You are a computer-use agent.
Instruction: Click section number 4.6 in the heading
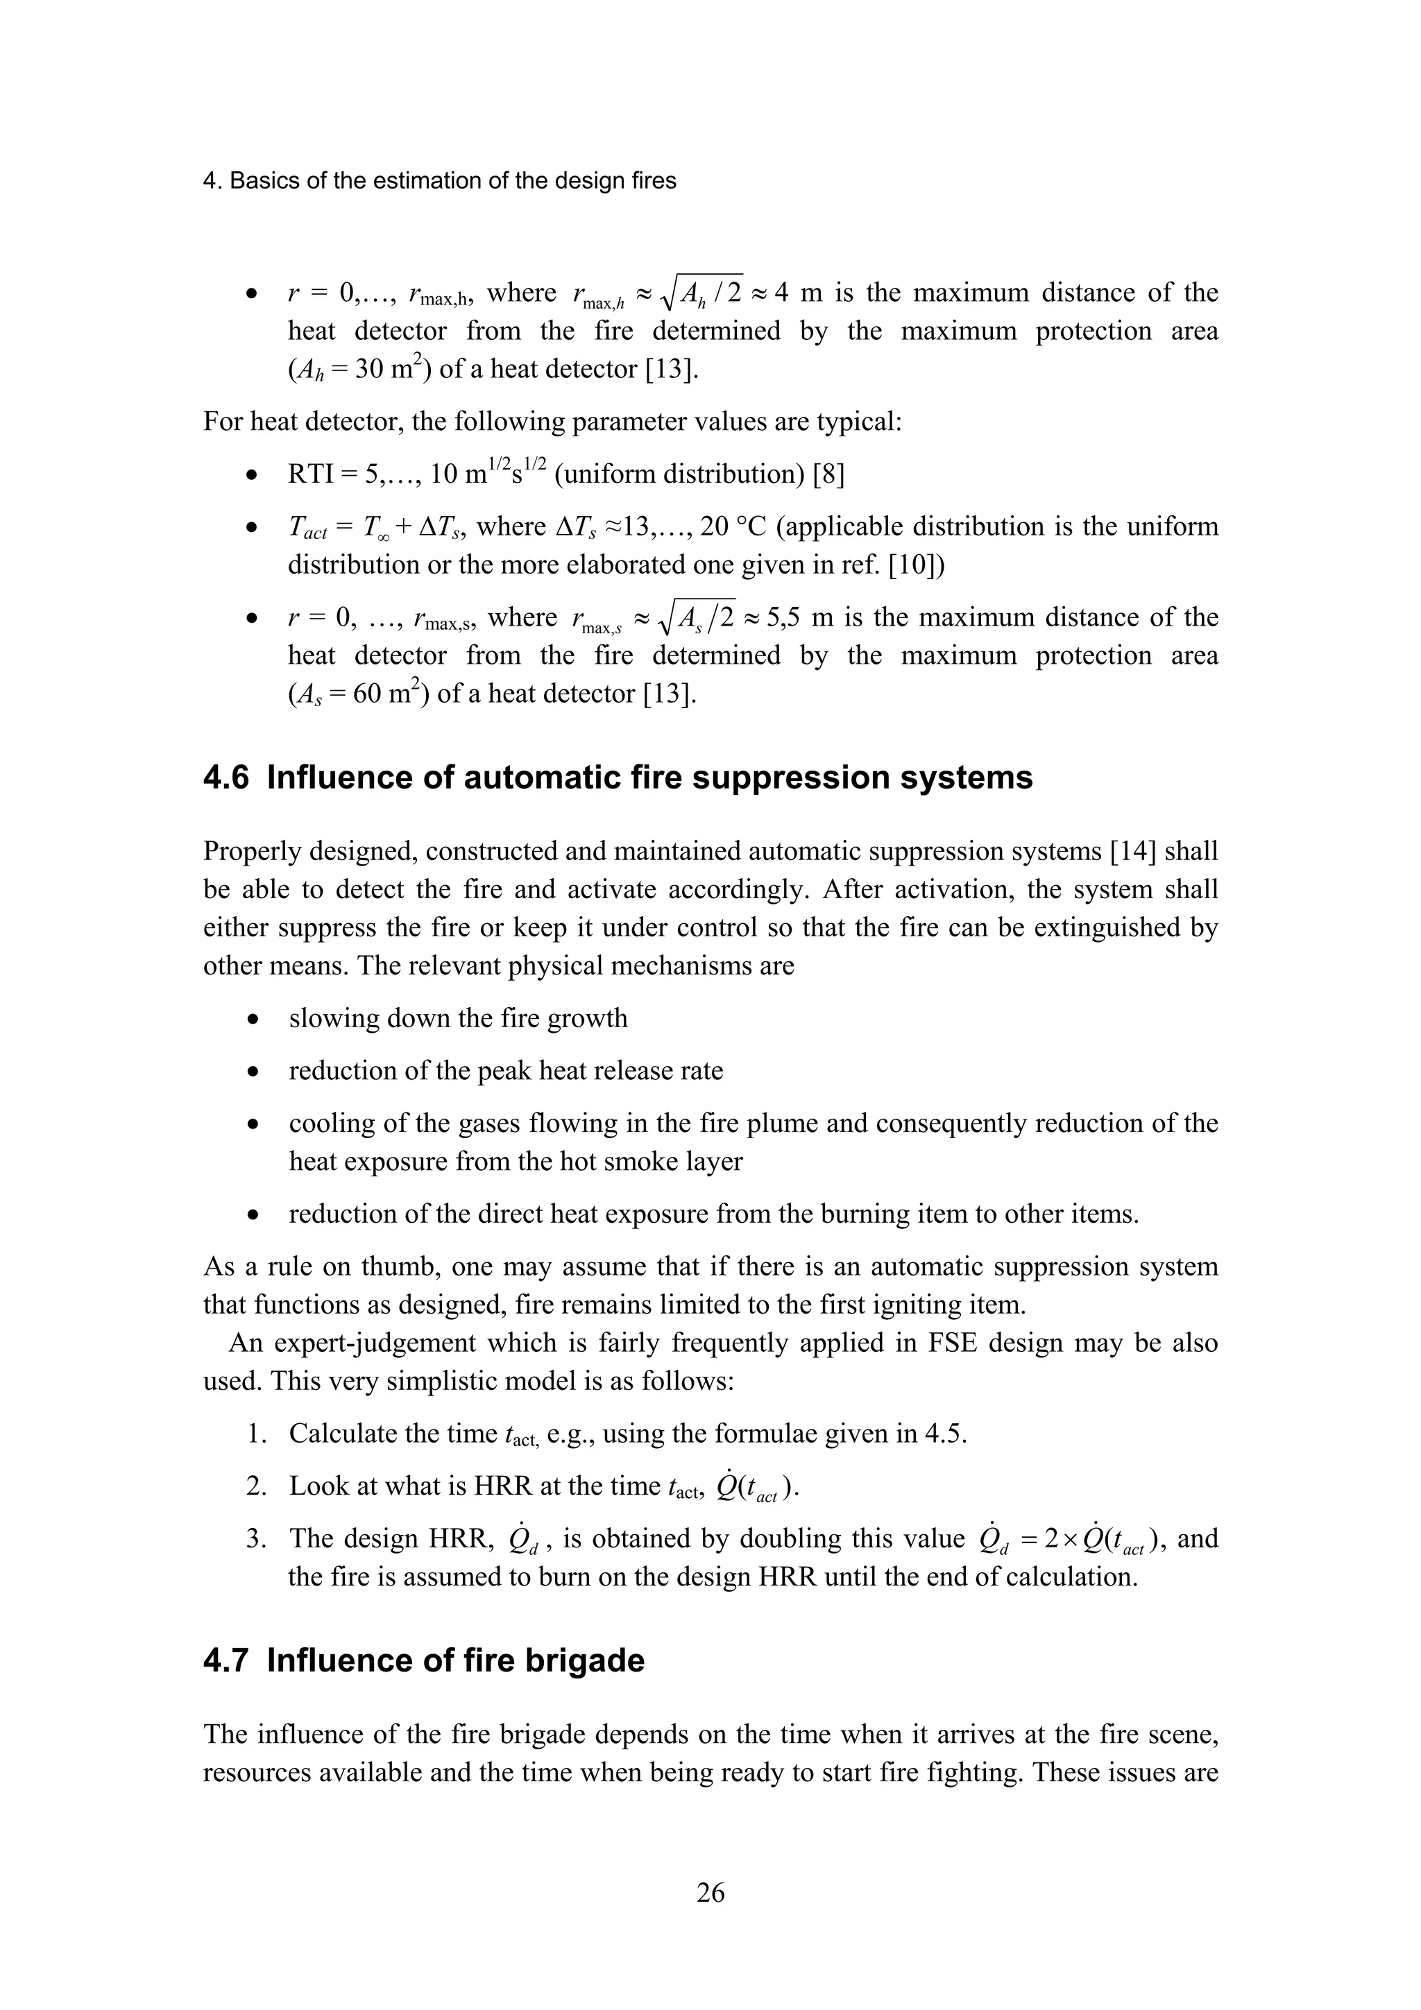click(x=226, y=778)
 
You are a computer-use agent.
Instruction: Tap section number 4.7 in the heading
click(x=226, y=1660)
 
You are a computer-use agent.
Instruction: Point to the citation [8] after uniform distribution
click(x=828, y=474)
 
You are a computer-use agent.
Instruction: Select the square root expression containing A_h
click(x=701, y=293)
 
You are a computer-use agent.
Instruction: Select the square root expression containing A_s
click(x=698, y=618)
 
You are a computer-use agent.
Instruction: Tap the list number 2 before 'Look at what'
click(x=255, y=1486)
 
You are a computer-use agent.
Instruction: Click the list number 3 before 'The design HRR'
click(x=255, y=1538)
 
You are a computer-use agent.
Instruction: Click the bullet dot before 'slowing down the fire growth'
click(x=252, y=1020)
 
